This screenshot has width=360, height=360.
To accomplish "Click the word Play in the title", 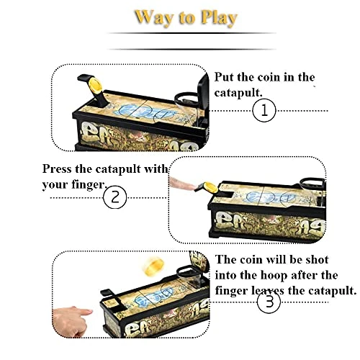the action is [219, 18].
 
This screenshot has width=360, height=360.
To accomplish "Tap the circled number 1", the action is [264, 111].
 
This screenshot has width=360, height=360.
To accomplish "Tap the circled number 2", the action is [115, 197].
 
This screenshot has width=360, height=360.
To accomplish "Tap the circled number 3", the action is [269, 302].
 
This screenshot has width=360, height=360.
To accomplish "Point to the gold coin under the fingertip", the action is [210, 187].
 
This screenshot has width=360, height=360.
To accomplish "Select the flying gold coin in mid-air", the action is [152, 266].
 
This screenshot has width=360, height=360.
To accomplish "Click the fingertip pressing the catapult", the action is [182, 184].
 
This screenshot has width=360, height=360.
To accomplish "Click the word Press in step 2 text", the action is [57, 168].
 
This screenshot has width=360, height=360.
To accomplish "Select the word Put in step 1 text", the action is [224, 77].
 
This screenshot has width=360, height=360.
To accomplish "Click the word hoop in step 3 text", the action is [274, 276].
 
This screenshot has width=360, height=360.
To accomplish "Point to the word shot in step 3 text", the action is [317, 260].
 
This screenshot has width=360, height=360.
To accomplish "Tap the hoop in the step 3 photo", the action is [186, 271].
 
